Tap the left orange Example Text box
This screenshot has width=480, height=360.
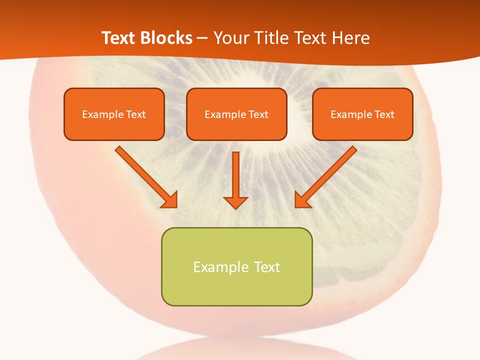[114, 114]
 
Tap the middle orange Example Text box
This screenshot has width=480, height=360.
[236, 114]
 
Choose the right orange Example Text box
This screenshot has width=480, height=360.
[362, 114]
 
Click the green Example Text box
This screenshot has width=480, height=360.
[236, 266]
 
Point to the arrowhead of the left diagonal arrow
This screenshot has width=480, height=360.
[170, 200]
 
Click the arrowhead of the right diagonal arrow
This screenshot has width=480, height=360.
[302, 200]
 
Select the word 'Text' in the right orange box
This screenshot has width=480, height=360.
[384, 114]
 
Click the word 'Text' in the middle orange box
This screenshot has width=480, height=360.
[258, 114]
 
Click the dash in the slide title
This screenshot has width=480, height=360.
[202, 38]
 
